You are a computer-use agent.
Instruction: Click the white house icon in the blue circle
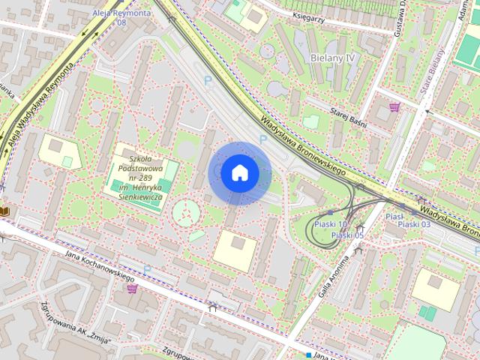(239, 173)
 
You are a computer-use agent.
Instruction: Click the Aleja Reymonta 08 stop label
(121, 17)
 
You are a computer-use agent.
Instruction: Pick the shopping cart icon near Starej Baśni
(394, 107)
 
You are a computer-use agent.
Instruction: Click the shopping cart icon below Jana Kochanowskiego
(132, 288)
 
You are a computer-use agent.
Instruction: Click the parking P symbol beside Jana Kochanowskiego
(148, 269)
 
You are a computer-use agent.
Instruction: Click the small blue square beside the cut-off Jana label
(307, 354)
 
